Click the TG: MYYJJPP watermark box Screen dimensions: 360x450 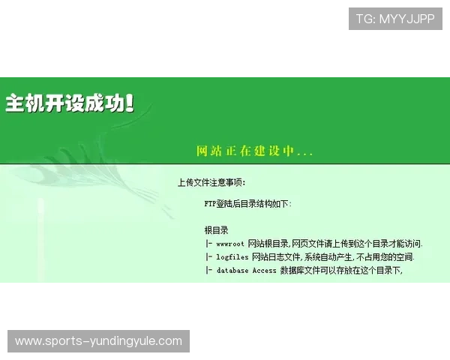pos(395,19)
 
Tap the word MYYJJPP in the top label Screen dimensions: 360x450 pos(406,19)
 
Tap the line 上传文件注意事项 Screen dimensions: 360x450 pos(211,182)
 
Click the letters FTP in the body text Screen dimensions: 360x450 pos(210,203)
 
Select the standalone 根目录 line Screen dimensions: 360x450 pos(216,230)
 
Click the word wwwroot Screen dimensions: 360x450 pos(230,244)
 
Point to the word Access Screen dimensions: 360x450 pos(264,271)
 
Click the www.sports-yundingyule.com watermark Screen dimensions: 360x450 pos(98,341)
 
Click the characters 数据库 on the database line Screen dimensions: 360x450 pos(292,271)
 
